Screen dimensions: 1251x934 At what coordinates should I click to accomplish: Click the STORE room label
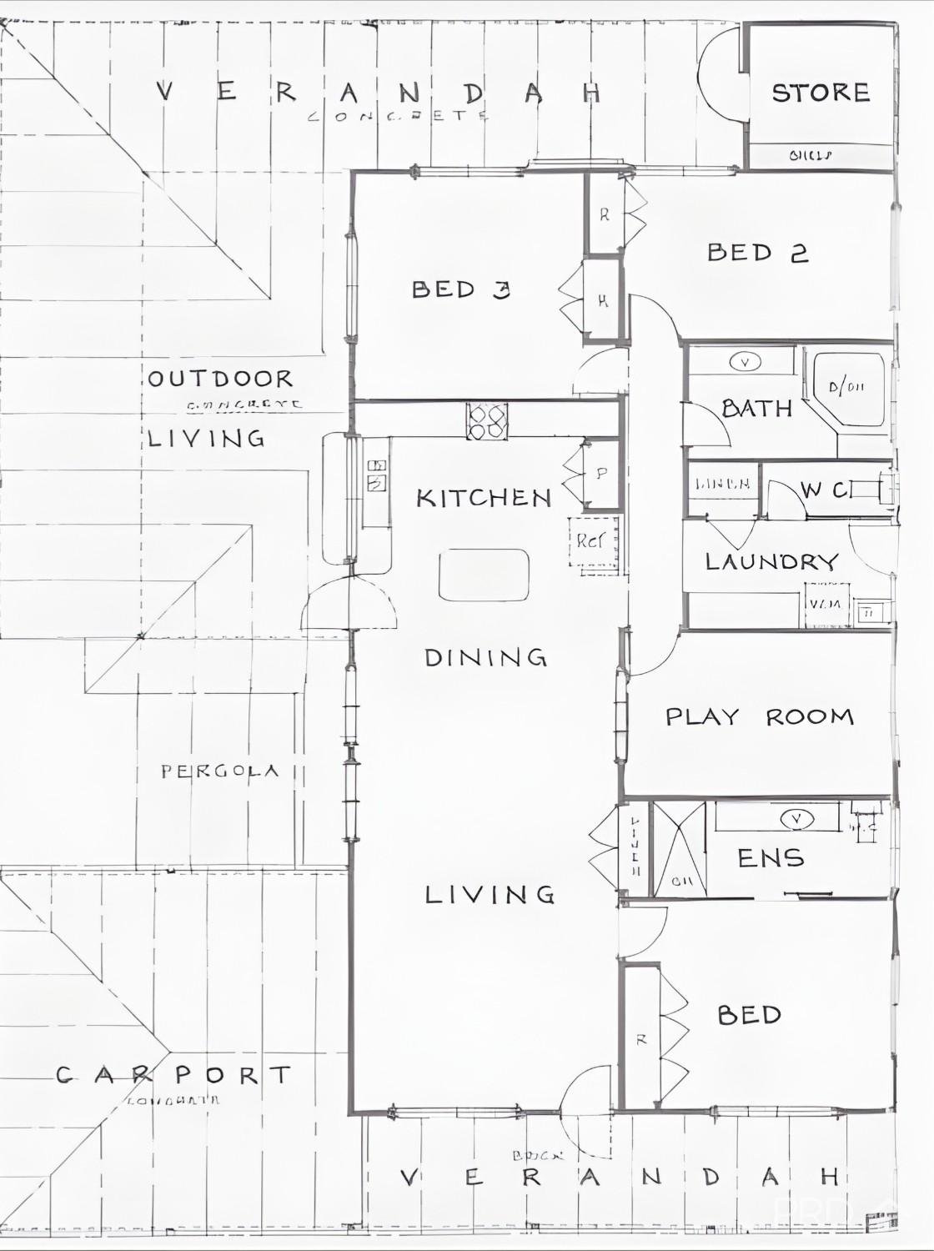pyautogui.click(x=821, y=92)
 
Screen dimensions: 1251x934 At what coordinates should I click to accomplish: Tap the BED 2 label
pyautogui.click(x=757, y=252)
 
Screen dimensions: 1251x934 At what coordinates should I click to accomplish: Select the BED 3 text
pyautogui.click(x=460, y=289)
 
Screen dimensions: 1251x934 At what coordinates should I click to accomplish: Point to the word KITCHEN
pyautogui.click(x=484, y=498)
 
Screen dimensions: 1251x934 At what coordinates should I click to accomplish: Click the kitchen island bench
pyautogui.click(x=484, y=575)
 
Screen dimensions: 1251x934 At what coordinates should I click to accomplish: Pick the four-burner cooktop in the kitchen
pyautogui.click(x=487, y=420)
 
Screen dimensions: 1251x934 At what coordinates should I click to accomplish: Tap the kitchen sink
pyautogui.click(x=376, y=475)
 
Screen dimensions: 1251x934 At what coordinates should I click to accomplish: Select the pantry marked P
pyautogui.click(x=601, y=474)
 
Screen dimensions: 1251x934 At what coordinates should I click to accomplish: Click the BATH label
pyautogui.click(x=756, y=408)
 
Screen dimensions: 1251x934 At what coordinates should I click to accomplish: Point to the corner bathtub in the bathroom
pyautogui.click(x=848, y=389)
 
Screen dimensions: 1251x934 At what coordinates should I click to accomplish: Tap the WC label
pyautogui.click(x=826, y=490)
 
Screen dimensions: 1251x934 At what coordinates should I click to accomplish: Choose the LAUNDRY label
pyautogui.click(x=771, y=561)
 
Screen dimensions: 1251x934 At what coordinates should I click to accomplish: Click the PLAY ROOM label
pyautogui.click(x=759, y=716)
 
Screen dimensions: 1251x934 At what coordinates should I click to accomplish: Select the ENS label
pyautogui.click(x=771, y=857)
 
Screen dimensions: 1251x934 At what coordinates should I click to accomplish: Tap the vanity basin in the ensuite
pyautogui.click(x=797, y=819)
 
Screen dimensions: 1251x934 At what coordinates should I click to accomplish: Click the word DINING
pyautogui.click(x=485, y=657)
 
